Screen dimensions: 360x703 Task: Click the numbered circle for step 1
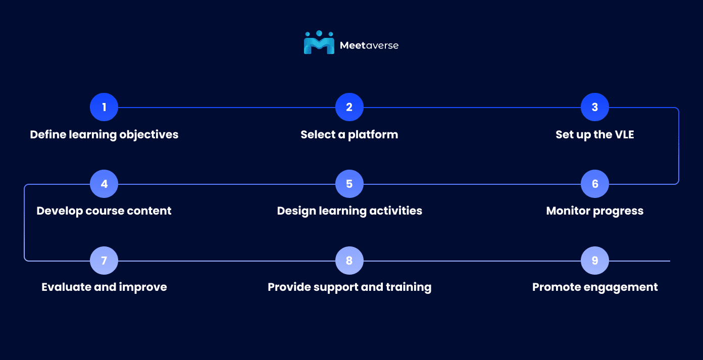(x=104, y=107)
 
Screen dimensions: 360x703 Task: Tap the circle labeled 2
(x=349, y=107)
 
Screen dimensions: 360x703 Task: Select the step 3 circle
(x=595, y=107)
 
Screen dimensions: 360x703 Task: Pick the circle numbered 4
(x=104, y=184)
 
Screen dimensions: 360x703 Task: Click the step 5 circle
(x=349, y=184)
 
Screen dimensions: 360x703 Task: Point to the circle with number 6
(x=595, y=184)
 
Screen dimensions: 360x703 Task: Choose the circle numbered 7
(x=104, y=261)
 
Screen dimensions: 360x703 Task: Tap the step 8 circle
(x=349, y=261)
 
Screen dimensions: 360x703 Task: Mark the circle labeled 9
(x=595, y=261)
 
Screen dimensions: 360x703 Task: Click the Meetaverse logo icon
(x=319, y=43)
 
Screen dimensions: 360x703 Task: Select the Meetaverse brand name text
(x=369, y=45)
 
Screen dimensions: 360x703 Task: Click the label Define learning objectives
(x=104, y=135)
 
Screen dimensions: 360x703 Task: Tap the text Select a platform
(x=349, y=135)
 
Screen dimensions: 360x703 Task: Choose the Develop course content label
(x=104, y=211)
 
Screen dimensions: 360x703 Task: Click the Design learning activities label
(x=349, y=211)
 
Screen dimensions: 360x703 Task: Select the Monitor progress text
(x=595, y=211)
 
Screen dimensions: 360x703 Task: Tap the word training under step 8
(x=409, y=287)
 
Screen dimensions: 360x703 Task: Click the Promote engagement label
(x=595, y=287)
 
